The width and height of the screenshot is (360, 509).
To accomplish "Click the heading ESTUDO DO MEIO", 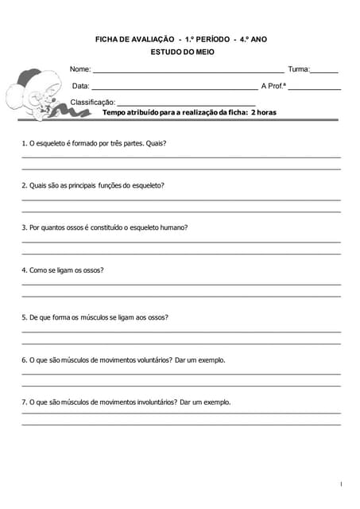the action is (182, 52).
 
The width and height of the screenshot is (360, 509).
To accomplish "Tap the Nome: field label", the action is (80, 70).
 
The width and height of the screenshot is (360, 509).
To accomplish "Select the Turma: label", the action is (299, 70).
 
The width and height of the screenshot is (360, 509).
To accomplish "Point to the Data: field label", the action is (81, 86).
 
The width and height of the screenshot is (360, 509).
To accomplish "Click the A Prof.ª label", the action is (273, 86).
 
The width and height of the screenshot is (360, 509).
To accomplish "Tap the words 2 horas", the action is (263, 113).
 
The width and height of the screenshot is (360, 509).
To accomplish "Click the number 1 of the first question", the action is (24, 144).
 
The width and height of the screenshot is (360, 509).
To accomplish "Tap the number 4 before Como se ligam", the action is (24, 270).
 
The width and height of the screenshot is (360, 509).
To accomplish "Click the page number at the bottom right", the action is (340, 484).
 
